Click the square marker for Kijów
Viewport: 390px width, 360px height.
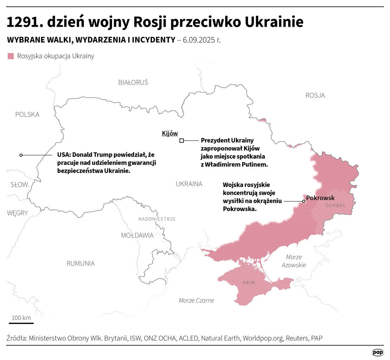[x=181, y=141]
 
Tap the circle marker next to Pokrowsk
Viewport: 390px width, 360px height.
[x=303, y=201]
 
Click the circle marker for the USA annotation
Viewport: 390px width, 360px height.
[x=21, y=155]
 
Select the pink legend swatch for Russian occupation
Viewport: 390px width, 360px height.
[x=11, y=56]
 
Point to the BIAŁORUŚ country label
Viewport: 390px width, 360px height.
[x=133, y=83]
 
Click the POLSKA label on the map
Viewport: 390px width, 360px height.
[x=27, y=115]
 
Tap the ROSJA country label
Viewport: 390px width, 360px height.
[x=315, y=95]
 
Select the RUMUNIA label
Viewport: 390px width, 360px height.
[x=81, y=263]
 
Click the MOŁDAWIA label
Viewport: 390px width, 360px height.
[x=137, y=236]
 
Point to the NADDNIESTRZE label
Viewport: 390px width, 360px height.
[x=157, y=219]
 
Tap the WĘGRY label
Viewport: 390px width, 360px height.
[x=17, y=213]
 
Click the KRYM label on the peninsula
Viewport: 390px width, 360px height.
[x=249, y=283]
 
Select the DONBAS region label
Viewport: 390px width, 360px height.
[x=335, y=206]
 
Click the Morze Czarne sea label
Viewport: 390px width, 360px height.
[x=196, y=301]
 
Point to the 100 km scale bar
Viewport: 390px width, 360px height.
[x=21, y=323]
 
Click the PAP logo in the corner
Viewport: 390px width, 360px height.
[x=378, y=352]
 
